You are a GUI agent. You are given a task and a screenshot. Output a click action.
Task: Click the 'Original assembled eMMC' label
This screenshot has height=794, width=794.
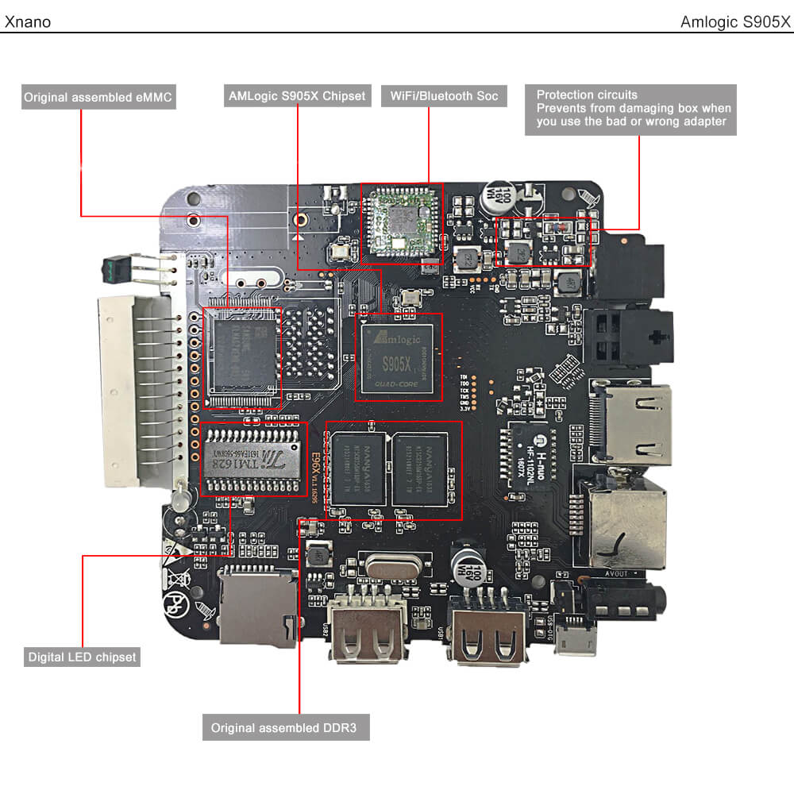pos(98,98)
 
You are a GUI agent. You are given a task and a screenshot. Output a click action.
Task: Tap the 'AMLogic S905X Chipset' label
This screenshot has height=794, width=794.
pos(296,96)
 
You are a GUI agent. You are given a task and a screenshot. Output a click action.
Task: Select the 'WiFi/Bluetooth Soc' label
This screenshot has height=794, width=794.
pos(444,96)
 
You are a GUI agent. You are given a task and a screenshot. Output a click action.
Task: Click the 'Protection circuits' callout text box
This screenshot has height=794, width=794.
pos(630,109)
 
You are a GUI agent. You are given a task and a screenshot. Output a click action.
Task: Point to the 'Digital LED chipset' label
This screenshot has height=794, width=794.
pos(83,657)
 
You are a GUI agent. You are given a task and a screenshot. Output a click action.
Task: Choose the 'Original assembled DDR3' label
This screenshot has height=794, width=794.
pos(286,728)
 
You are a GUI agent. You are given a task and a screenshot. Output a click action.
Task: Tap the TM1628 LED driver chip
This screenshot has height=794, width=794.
pos(251,458)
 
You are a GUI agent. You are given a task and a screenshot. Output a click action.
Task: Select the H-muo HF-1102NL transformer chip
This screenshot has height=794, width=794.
pos(530,454)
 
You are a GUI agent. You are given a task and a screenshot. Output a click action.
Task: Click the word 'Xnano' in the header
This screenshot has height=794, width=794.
pos(28,21)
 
